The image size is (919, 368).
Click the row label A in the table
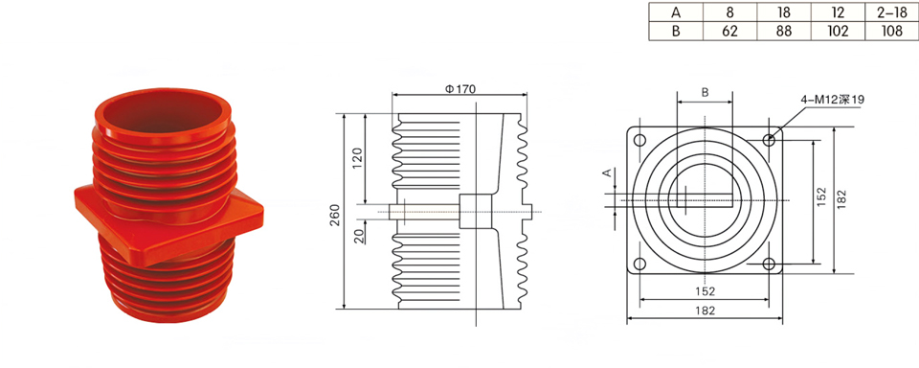click(675, 11)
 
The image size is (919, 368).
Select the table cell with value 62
click(729, 31)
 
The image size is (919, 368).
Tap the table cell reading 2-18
click(891, 11)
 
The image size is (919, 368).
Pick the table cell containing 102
click(839, 31)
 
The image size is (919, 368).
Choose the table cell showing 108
click(891, 31)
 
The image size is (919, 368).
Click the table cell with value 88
click(784, 31)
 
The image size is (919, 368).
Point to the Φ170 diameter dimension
click(460, 89)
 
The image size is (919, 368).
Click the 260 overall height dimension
click(335, 216)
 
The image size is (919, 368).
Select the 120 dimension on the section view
click(359, 158)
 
